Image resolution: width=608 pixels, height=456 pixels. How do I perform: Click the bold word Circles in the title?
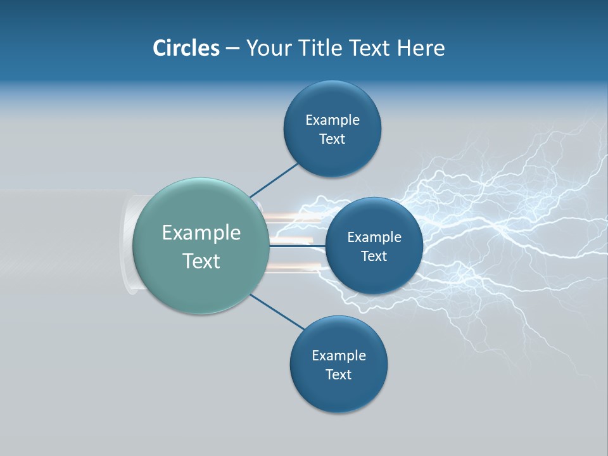tap(186, 48)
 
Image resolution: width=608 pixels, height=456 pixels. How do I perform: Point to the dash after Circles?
tap(232, 49)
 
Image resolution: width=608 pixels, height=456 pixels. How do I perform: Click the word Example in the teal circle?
tap(201, 233)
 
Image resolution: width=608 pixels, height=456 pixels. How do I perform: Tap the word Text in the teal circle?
tap(201, 261)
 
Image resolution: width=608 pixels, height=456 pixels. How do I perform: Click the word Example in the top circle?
tap(332, 120)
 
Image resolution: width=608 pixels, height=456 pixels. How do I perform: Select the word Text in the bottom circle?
tap(338, 374)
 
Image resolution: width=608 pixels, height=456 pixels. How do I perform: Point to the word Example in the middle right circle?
tap(374, 237)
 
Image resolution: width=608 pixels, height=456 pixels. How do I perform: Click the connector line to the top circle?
tap(274, 179)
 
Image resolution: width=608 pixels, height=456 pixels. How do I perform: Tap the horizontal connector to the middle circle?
tap(298, 246)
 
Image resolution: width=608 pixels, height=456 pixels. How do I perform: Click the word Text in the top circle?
tap(332, 139)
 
